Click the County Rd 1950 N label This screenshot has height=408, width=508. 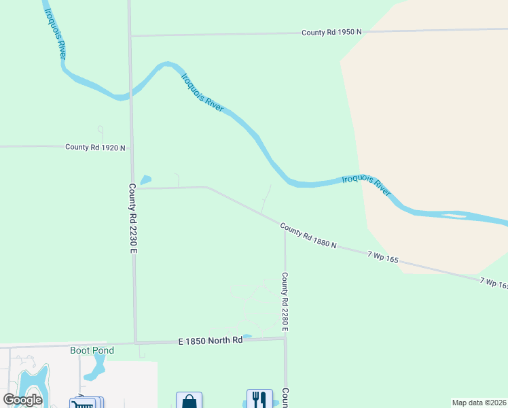332,32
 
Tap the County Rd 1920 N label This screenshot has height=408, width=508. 95,147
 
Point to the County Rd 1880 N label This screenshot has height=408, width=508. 308,236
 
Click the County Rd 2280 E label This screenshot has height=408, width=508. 285,303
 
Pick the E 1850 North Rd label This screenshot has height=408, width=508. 211,340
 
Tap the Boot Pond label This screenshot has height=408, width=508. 92,350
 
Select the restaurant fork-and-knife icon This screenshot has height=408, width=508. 259,399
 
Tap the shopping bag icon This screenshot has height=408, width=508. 189,401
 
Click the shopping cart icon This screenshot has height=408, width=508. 84,403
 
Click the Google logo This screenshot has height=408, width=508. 23,400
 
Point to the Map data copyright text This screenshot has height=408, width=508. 479,403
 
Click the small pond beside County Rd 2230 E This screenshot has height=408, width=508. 145,180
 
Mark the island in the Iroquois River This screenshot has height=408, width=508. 454,216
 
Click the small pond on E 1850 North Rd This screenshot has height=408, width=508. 247,336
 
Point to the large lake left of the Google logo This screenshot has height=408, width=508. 33,384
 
